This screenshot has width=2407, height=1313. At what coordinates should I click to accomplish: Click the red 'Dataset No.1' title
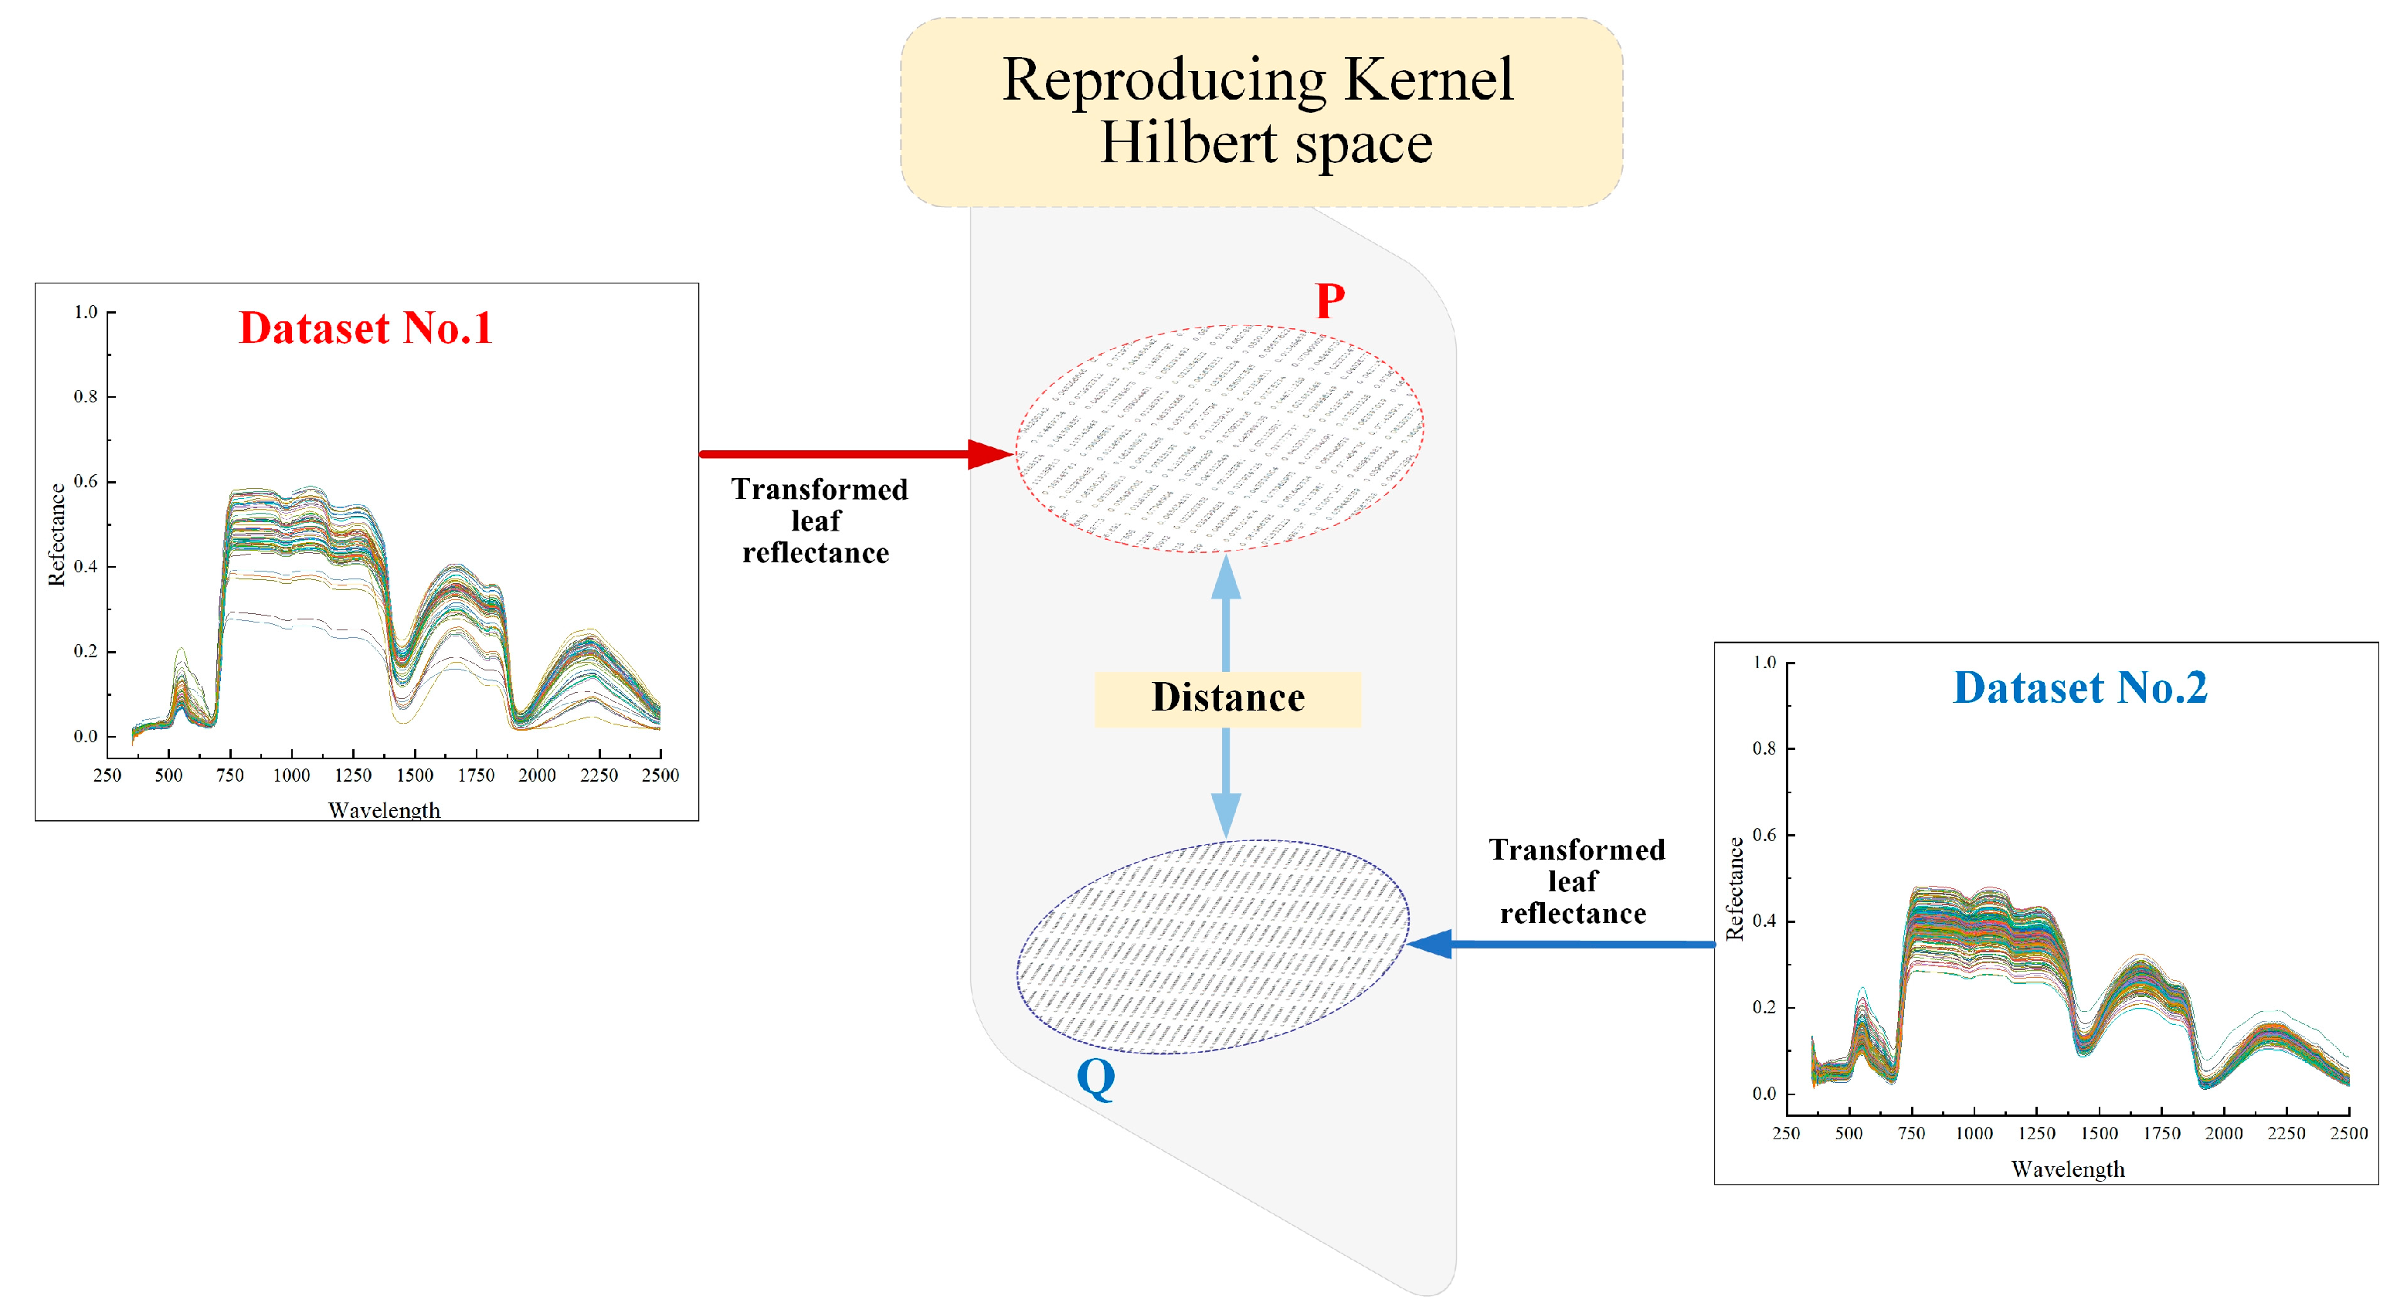click(x=365, y=328)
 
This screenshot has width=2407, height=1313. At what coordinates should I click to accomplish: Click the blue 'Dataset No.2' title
click(x=2080, y=688)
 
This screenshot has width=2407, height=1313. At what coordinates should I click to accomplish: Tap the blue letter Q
click(x=1096, y=1078)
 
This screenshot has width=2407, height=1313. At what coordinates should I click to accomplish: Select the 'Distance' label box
click(x=1227, y=698)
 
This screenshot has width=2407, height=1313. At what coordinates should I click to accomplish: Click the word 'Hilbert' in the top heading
click(x=1187, y=143)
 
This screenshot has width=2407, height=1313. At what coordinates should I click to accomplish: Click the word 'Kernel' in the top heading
click(x=1429, y=80)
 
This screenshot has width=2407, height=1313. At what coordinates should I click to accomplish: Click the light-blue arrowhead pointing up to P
click(x=1226, y=578)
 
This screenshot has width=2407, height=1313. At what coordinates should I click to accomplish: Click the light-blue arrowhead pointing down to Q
click(x=1226, y=814)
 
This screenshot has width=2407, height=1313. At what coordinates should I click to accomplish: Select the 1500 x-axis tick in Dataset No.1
click(x=414, y=775)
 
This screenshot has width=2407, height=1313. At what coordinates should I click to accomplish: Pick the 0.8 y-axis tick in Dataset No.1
click(x=86, y=396)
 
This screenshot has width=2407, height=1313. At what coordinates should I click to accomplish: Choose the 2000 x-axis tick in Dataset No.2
click(x=2224, y=1134)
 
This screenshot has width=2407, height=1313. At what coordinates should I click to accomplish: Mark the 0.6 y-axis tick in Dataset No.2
click(x=1764, y=834)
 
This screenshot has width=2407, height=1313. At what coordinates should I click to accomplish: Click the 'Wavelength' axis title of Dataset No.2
click(x=2068, y=1169)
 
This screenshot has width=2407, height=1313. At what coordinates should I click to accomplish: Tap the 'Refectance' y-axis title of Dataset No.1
click(x=57, y=534)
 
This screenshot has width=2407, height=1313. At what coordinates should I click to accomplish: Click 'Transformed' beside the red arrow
click(x=820, y=490)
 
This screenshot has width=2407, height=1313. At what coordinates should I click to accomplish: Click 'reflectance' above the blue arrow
click(x=1574, y=913)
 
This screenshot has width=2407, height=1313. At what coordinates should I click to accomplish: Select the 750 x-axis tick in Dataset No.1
click(x=230, y=775)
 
